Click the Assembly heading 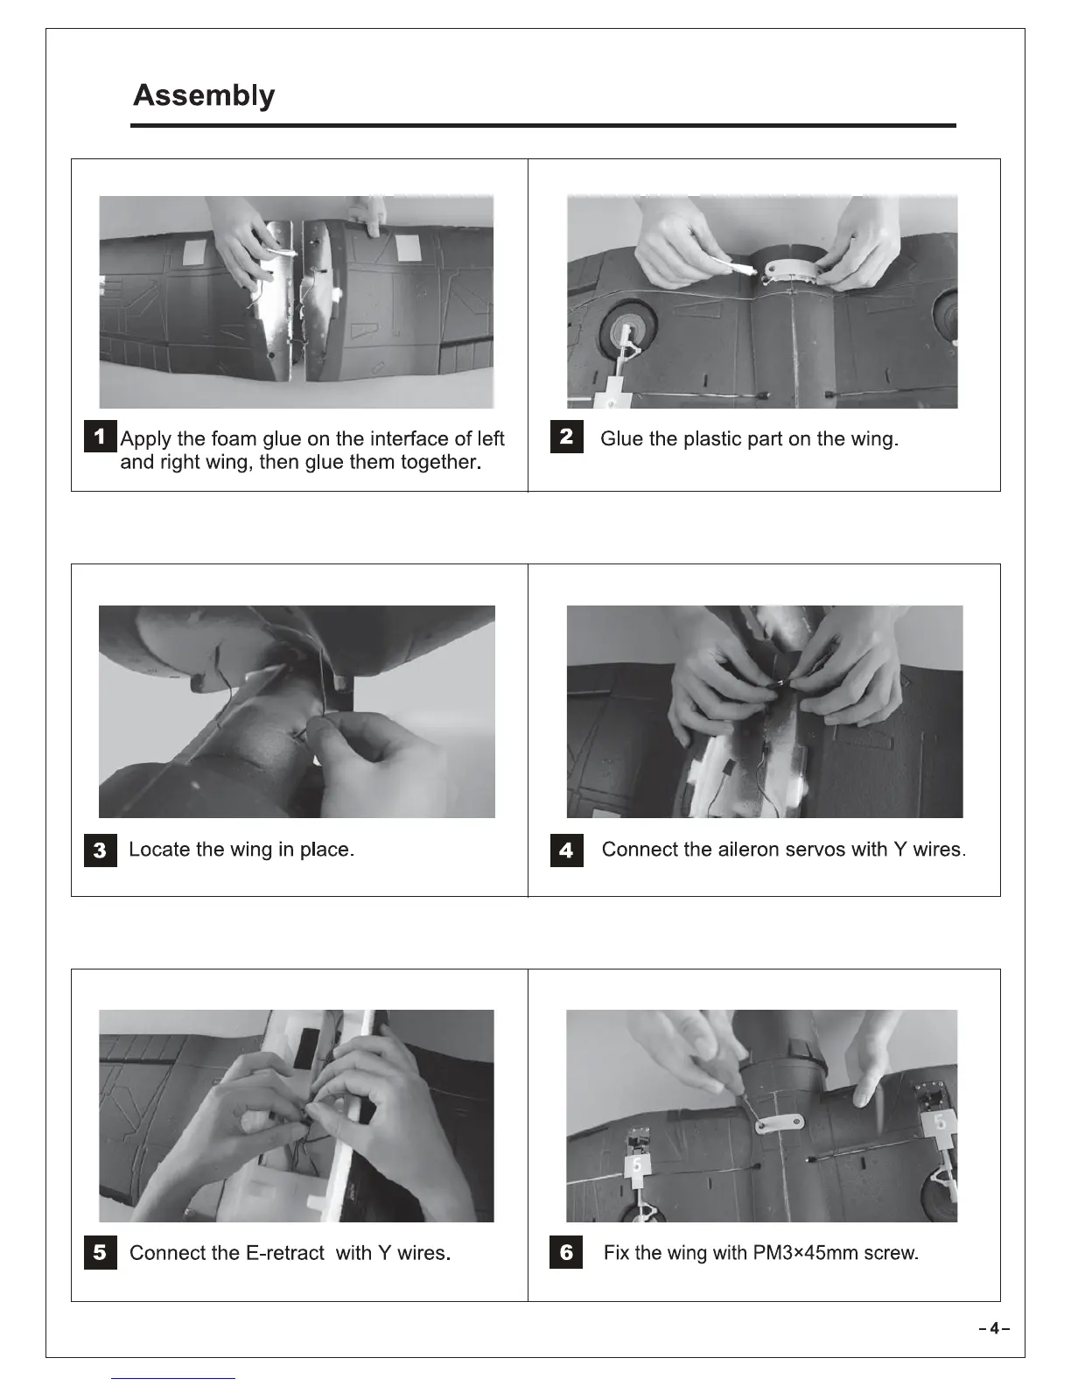pyautogui.click(x=204, y=95)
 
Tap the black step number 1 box pyautogui.click(x=100, y=437)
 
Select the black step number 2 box pyautogui.click(x=566, y=437)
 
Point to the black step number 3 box pyautogui.click(x=100, y=850)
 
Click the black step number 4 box pyautogui.click(x=566, y=850)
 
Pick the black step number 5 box pyautogui.click(x=100, y=1253)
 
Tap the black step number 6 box pyautogui.click(x=566, y=1253)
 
